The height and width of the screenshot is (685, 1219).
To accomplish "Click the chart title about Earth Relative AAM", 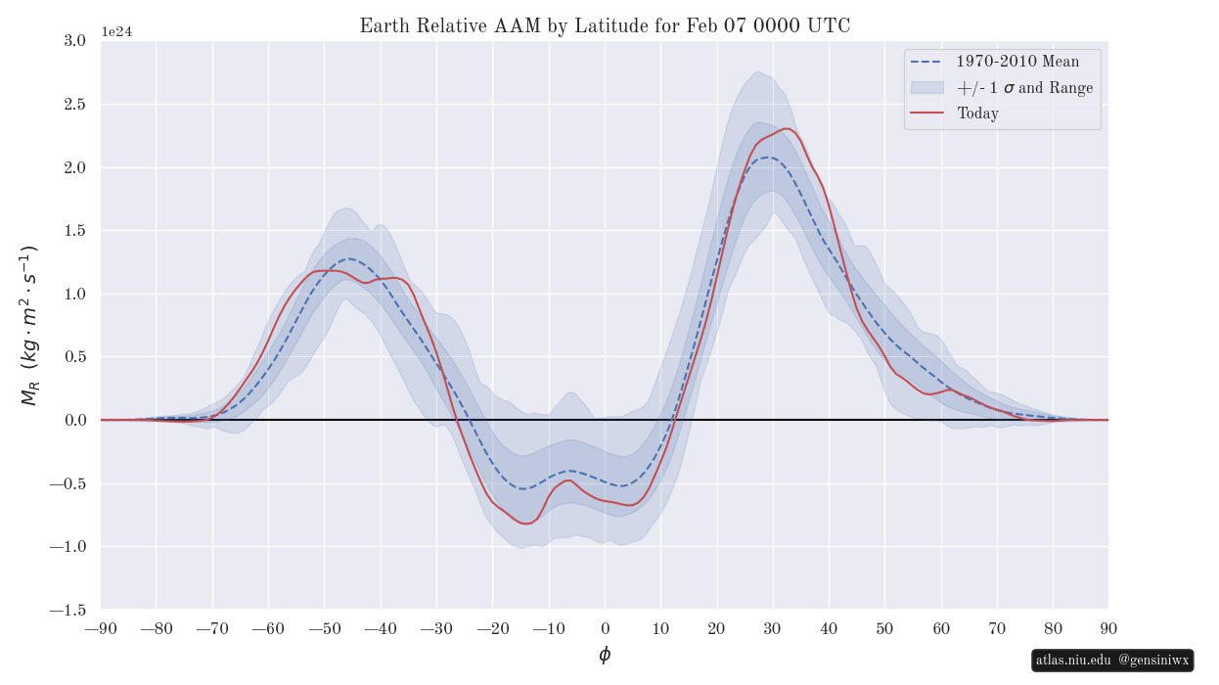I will [605, 26].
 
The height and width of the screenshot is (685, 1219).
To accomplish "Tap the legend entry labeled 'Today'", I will [977, 114].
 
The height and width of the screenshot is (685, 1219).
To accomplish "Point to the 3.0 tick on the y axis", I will [74, 40].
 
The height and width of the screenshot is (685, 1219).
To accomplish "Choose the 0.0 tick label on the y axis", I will [74, 420].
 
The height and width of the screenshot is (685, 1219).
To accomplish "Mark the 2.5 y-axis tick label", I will [74, 104].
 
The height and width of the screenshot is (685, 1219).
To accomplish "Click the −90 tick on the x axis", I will [101, 628].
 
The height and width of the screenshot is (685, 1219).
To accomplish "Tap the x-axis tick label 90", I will [1108, 628].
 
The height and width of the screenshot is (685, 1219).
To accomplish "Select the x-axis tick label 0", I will [605, 628].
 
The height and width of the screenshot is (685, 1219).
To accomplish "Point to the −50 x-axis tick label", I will [325, 628].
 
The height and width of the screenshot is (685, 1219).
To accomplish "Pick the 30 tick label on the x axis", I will [773, 628].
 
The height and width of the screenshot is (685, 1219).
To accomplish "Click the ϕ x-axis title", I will [605, 655].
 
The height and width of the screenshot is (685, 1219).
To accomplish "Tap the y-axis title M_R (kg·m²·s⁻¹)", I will [29, 325].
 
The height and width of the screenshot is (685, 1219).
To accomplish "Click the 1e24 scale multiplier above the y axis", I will [116, 32].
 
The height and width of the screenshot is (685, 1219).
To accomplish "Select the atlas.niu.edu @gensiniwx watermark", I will [1112, 661].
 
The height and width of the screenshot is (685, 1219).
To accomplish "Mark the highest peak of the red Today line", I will [787, 128].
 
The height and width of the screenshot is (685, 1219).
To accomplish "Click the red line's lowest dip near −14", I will [526, 524].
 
